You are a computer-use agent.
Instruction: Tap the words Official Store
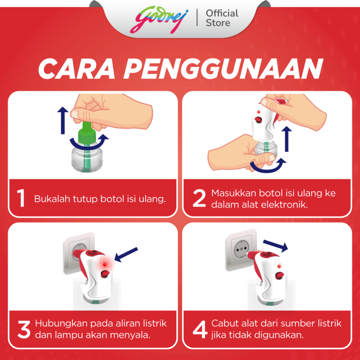(222, 18)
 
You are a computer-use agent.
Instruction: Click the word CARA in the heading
(80, 69)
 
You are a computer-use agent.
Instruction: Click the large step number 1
(21, 198)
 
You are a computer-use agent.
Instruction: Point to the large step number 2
(199, 198)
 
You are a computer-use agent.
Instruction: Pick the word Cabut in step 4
(223, 323)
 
